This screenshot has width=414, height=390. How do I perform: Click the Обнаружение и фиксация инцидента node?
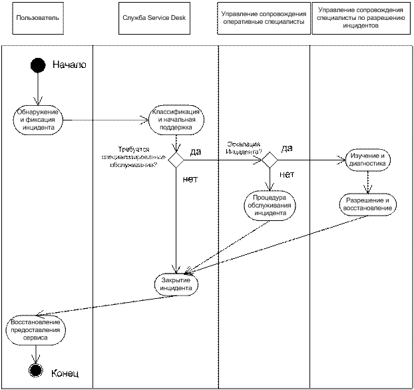(39, 120)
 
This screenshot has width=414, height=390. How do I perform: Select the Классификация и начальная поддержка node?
(176, 118)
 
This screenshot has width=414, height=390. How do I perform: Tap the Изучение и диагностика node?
(367, 159)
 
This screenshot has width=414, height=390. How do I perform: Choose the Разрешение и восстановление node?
(368, 204)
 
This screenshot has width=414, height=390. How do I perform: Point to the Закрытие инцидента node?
(176, 284)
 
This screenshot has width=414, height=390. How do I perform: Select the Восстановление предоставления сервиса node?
(36, 329)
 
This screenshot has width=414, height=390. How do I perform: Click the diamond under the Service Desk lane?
(176, 160)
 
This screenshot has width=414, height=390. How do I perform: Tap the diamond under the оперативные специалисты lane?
(270, 160)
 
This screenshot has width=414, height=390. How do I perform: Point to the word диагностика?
(367, 163)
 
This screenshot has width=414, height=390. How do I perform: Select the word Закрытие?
(176, 280)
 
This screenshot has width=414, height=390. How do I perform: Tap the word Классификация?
(176, 111)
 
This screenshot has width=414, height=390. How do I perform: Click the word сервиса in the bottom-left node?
(36, 337)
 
